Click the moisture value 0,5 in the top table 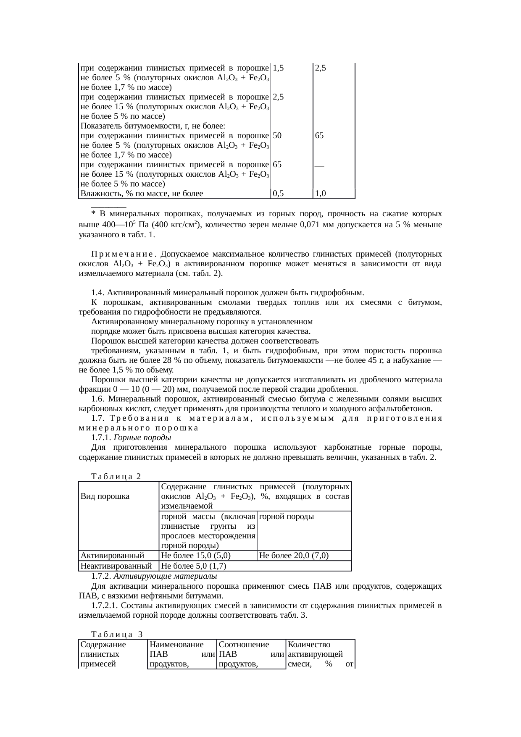pos(278,194)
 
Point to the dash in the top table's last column pos(319,165)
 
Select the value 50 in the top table pos(277,136)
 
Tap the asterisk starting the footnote pos(93,214)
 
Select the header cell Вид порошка pos(105,496)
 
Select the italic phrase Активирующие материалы pos(165,576)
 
